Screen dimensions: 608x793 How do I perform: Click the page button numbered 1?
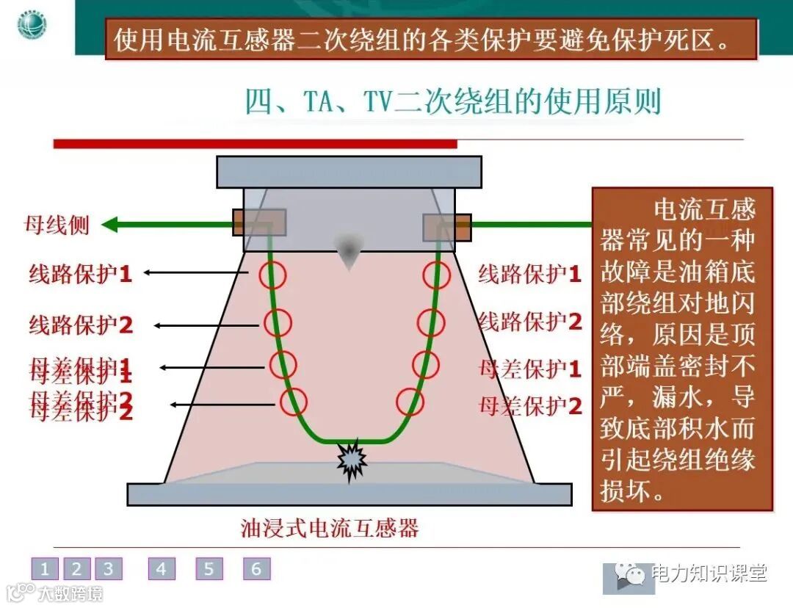point(45,568)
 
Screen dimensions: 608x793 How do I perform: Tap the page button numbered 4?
point(162,568)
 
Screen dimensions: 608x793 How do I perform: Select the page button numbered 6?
point(256,568)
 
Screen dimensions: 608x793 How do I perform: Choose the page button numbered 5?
point(209,568)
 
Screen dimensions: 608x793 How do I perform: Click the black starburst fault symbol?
point(352,458)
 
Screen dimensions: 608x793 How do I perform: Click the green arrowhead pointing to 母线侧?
point(110,224)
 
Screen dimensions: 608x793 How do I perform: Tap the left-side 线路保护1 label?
point(81,274)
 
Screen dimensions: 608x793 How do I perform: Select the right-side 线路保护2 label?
point(529,321)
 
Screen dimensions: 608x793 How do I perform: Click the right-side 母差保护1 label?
point(529,368)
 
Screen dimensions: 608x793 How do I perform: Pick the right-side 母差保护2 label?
point(529,405)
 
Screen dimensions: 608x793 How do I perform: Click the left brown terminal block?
point(250,222)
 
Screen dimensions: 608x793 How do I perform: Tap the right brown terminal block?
point(447,227)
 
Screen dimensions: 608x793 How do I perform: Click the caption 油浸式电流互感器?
point(330,527)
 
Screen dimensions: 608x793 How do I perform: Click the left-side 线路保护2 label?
point(81,325)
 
